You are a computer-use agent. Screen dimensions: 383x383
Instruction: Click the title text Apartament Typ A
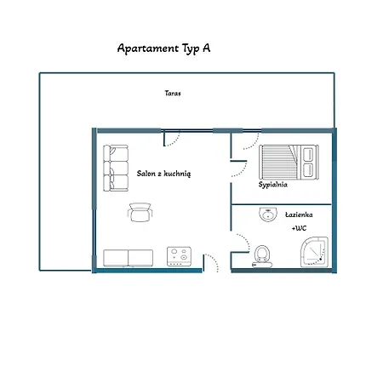[163, 49]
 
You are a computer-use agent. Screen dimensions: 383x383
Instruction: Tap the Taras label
[173, 93]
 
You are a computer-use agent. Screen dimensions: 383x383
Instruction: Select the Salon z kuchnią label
[163, 174]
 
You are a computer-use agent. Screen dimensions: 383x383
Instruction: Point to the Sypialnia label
[272, 185]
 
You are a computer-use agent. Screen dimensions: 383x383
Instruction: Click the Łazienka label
[299, 214]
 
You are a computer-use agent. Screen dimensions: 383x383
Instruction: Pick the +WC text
[299, 228]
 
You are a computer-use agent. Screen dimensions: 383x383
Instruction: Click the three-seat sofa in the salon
[116, 168]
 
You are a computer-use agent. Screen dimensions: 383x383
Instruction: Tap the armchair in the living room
[140, 212]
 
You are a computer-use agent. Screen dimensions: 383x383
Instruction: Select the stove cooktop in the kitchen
[179, 256]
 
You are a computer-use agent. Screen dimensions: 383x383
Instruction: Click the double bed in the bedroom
[289, 162]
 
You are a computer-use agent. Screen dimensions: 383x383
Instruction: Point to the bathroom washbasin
[268, 214]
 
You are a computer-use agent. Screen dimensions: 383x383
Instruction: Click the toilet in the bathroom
[262, 256]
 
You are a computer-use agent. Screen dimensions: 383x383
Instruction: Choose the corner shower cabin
[314, 252]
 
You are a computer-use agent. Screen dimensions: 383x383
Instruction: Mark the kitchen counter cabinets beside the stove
[128, 258]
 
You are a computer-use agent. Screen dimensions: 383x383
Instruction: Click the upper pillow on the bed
[308, 154]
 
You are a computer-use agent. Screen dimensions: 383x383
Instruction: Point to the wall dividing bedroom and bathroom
[282, 204]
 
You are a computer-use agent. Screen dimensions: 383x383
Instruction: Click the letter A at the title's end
[207, 49]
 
